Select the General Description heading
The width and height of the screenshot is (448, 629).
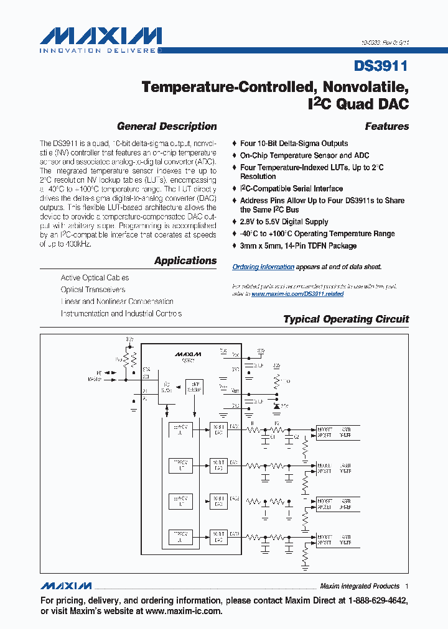(x=167, y=126)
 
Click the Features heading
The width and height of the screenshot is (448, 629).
(x=386, y=126)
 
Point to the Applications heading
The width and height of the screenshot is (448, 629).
(x=185, y=261)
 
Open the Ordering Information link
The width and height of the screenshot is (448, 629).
(x=263, y=267)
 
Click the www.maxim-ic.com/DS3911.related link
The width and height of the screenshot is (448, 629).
(x=297, y=293)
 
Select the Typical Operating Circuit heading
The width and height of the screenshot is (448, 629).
(x=346, y=319)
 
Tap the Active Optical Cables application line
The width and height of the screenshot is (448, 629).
(x=95, y=278)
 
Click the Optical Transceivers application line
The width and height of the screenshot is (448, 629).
(x=93, y=290)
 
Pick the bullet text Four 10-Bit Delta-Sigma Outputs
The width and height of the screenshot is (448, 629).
(x=294, y=143)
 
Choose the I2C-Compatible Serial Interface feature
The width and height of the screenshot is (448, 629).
(x=291, y=188)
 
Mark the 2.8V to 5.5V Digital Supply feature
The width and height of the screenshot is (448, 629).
(x=284, y=221)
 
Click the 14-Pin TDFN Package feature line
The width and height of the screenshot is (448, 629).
(x=298, y=246)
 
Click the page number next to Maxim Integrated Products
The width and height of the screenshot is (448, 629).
(x=407, y=586)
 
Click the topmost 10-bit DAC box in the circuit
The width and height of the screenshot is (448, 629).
(x=218, y=429)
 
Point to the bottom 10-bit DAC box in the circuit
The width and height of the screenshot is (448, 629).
(x=218, y=536)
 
